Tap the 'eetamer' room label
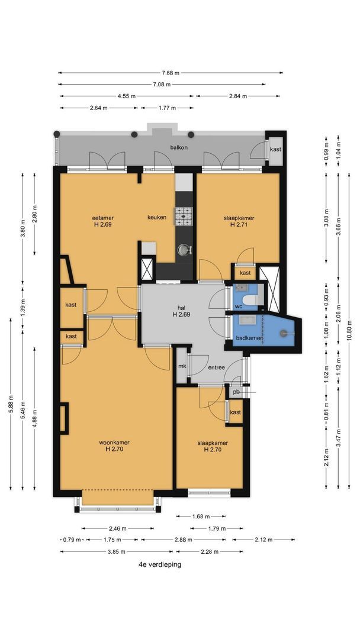(x=102, y=218)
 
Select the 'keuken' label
(x=157, y=217)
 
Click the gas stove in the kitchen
(x=184, y=216)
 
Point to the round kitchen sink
(x=184, y=250)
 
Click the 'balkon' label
(x=179, y=147)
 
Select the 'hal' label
(x=181, y=308)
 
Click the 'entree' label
(x=217, y=367)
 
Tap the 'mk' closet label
(x=182, y=366)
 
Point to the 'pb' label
(x=236, y=392)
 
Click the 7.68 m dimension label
(x=171, y=73)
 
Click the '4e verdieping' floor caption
(x=160, y=564)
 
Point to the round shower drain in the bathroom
(x=284, y=333)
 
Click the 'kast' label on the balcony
(x=275, y=149)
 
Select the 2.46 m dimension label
(x=117, y=528)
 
